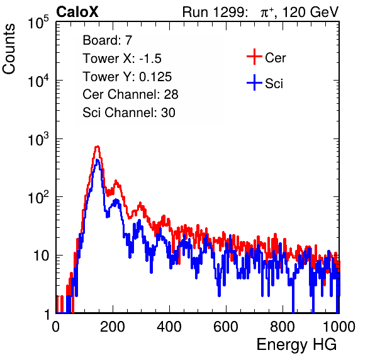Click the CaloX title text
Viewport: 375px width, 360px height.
77,12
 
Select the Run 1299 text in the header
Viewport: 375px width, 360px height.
215,12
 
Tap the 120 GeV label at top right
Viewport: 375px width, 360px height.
310,12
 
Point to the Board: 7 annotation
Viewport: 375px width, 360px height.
107,40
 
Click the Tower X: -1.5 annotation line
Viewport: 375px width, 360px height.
122,59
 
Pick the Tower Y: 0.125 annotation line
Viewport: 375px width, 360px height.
127,77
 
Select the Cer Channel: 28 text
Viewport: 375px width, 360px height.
130,94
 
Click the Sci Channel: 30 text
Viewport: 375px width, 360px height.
129,113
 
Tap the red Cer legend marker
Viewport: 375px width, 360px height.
254,57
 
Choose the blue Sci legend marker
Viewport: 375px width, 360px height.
254,83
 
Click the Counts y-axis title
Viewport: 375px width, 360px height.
9,49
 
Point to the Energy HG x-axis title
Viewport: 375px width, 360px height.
296,344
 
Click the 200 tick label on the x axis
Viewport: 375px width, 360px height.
113,327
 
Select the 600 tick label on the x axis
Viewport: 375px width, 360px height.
226,327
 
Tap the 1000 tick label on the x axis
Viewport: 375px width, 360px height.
339,327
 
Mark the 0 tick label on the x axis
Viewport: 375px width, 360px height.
56,327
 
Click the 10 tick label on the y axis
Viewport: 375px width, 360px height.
42,256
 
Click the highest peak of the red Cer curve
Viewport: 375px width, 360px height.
97,147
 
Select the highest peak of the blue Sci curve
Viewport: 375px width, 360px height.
97,160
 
